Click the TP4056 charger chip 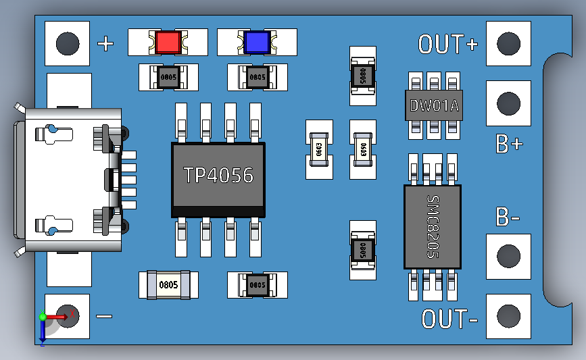(x=218, y=176)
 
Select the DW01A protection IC (x=435, y=105)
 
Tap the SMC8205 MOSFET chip (x=433, y=226)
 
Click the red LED (x=168, y=43)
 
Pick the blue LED (x=257, y=43)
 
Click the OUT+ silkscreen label (x=448, y=45)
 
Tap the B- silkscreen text (x=508, y=217)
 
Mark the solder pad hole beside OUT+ (x=508, y=44)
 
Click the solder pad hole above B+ (x=508, y=103)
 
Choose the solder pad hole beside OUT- (x=508, y=315)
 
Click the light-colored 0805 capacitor (x=168, y=284)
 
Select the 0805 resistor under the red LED (x=168, y=77)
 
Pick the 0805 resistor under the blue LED (x=258, y=77)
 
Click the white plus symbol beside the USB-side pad (x=106, y=45)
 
